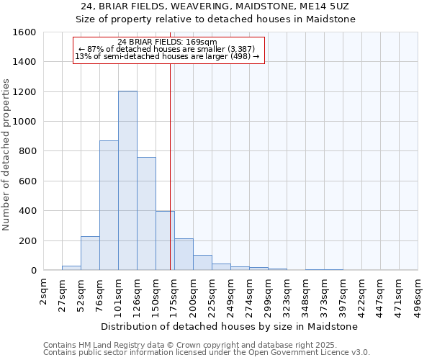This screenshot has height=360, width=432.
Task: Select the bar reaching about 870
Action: (109, 205)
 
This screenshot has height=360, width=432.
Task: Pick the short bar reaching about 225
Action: (90, 253)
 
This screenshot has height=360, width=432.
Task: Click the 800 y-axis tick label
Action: (27, 151)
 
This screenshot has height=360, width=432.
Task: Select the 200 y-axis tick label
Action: (27, 240)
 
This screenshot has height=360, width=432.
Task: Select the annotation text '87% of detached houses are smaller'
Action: (171, 49)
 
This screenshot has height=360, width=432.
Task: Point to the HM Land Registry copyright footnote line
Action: (205, 345)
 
